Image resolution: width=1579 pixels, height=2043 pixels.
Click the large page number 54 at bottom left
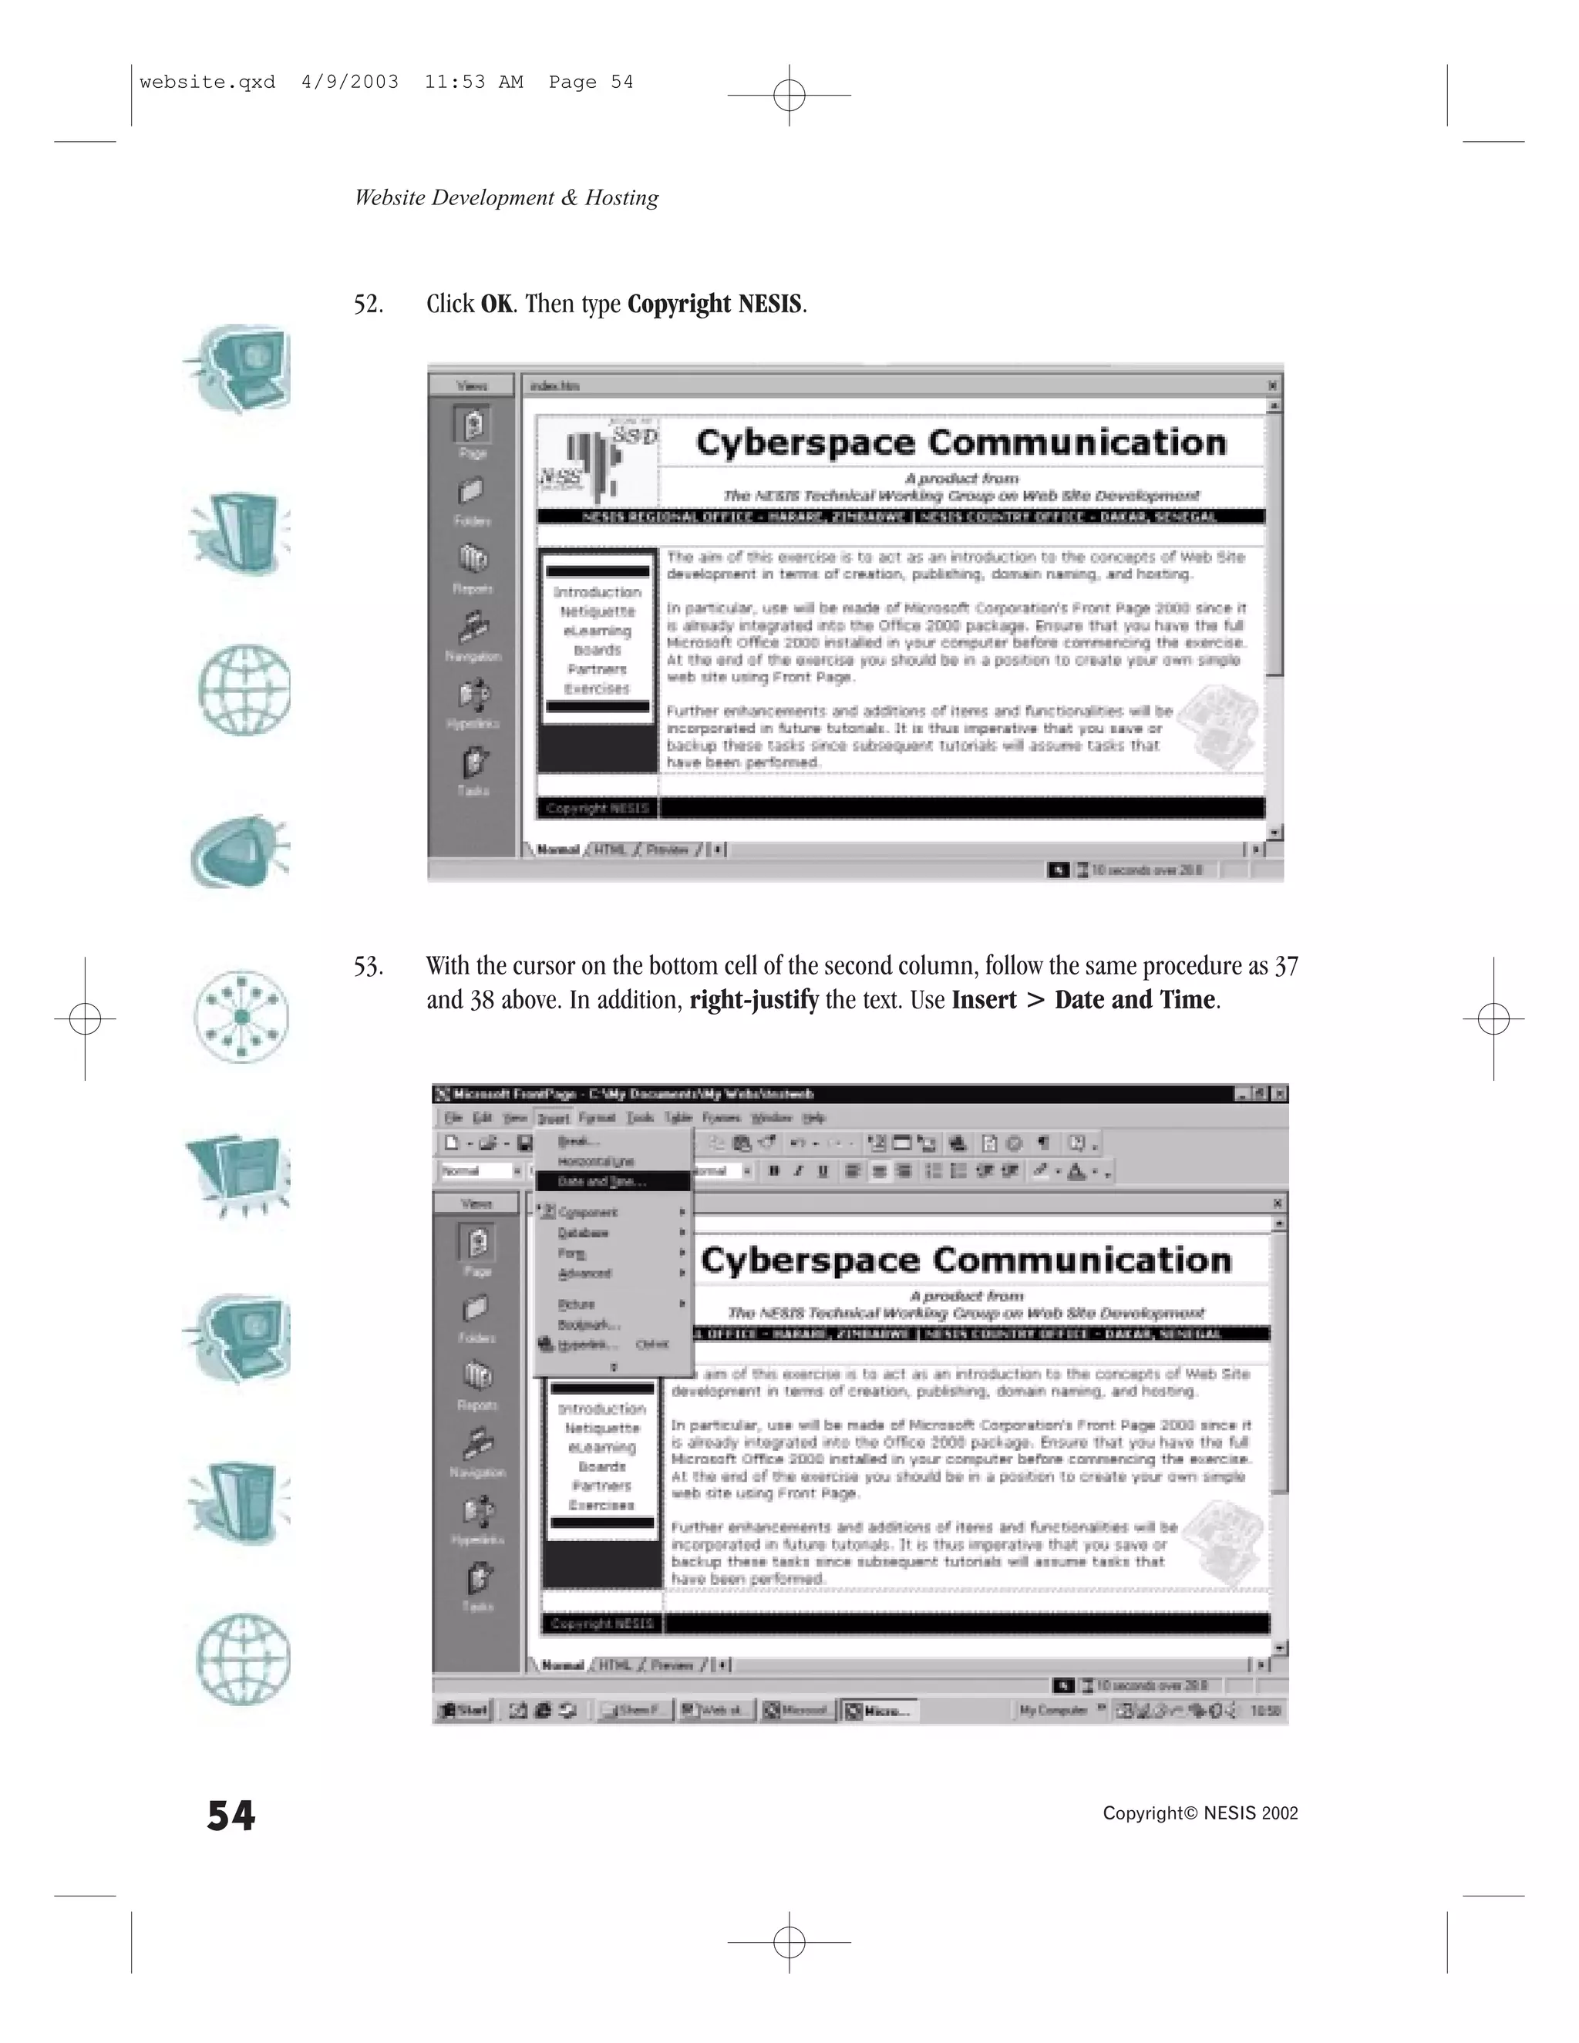231,1816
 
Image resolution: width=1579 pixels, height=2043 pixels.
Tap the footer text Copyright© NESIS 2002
1200,1814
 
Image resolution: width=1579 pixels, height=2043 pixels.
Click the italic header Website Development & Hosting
506,198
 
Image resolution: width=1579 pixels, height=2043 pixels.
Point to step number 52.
368,304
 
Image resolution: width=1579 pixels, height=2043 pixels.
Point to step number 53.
368,966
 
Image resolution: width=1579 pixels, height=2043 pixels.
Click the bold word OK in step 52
496,304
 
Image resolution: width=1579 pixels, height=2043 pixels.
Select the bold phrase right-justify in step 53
754,1000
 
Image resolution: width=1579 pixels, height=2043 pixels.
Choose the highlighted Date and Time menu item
601,1181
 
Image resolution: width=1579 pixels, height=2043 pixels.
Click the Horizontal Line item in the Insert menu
595,1162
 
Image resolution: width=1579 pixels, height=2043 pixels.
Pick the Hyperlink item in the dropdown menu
587,1345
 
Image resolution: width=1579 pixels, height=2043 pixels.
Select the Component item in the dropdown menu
588,1213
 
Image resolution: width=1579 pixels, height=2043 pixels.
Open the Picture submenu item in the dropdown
576,1304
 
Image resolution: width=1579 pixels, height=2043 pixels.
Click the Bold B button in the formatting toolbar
773,1170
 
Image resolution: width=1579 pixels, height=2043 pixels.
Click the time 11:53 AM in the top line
473,82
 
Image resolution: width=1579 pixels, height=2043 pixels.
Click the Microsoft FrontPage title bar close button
1279,1093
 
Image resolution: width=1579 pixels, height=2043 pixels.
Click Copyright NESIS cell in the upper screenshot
597,808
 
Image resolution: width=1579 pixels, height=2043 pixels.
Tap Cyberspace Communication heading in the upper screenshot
961,443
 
